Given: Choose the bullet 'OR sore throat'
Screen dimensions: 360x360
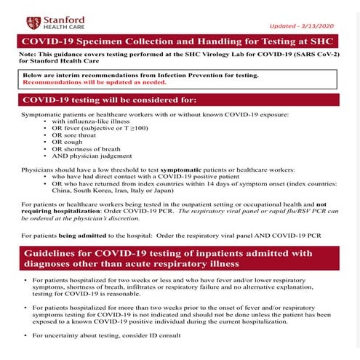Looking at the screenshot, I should point(89,135).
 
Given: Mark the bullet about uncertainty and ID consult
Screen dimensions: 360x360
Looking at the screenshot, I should point(101,335).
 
